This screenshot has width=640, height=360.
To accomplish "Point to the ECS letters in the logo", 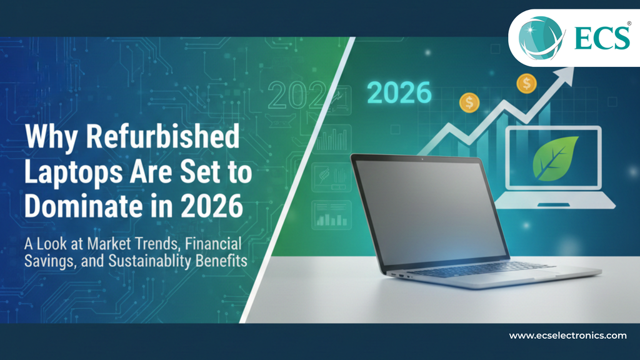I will [x=604, y=38].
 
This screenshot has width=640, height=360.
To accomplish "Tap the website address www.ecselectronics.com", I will [x=567, y=336].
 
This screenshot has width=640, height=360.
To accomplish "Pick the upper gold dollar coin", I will [x=526, y=83].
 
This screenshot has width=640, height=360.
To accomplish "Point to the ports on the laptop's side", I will [x=400, y=275].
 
